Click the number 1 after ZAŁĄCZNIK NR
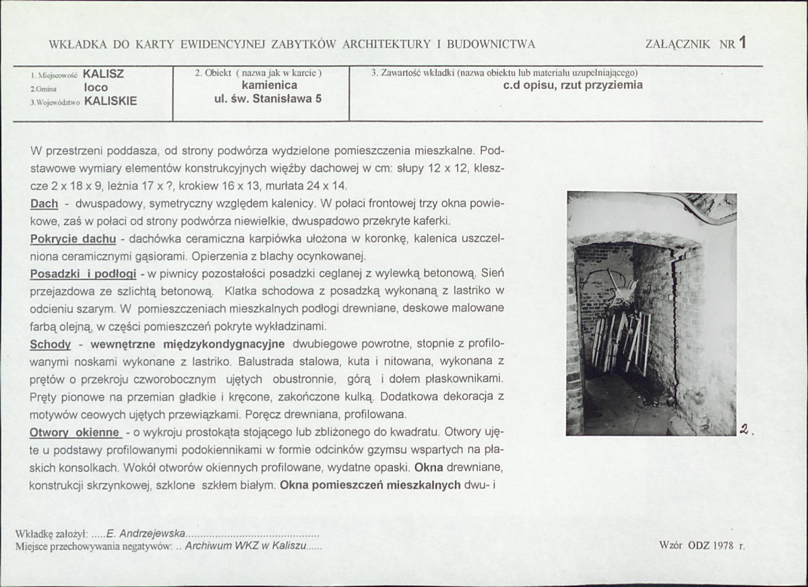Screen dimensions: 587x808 point(742,42)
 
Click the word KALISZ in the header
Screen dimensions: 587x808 point(103,74)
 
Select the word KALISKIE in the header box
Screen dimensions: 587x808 point(111,101)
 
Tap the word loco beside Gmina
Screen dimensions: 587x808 point(96,88)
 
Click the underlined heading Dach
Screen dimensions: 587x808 point(43,203)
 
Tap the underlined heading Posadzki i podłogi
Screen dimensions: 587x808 point(83,274)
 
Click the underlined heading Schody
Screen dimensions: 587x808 point(51,345)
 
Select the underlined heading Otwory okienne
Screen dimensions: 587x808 point(75,432)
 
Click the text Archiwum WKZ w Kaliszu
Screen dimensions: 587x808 point(245,546)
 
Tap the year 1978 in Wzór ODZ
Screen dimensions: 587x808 point(722,546)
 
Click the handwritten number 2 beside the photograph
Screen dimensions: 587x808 point(744,429)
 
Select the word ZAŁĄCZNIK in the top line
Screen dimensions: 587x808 point(677,44)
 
